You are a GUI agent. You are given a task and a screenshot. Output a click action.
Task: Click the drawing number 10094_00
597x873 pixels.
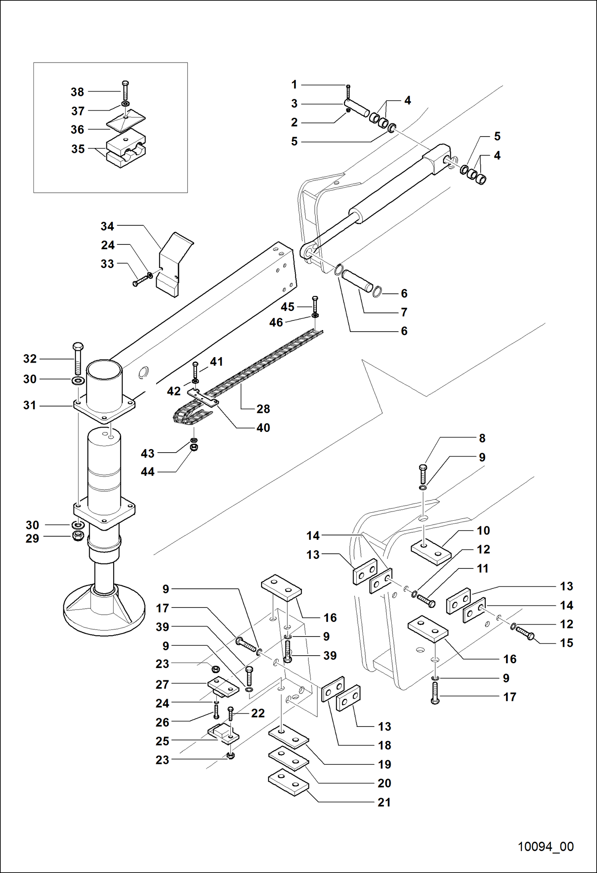pyautogui.click(x=545, y=846)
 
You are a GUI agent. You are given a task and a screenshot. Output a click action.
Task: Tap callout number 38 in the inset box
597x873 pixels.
pyautogui.click(x=77, y=92)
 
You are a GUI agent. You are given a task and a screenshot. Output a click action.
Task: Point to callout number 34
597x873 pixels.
pyautogui.click(x=107, y=227)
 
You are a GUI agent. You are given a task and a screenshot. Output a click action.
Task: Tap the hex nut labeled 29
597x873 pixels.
pyautogui.click(x=78, y=536)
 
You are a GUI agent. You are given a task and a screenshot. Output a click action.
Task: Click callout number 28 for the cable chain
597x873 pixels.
pyautogui.click(x=263, y=409)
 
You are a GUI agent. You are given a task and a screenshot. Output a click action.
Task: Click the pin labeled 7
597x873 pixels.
pyautogui.click(x=358, y=281)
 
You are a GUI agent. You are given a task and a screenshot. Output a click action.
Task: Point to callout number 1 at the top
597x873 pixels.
pyautogui.click(x=294, y=85)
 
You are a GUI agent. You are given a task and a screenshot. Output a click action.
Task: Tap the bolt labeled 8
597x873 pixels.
pyautogui.click(x=423, y=474)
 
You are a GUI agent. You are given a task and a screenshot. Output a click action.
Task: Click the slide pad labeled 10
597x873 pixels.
pyautogui.click(x=431, y=553)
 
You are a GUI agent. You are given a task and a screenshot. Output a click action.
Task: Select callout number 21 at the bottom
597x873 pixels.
pyautogui.click(x=384, y=802)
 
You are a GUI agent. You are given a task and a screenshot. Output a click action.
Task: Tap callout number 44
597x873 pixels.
pyautogui.click(x=147, y=472)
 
